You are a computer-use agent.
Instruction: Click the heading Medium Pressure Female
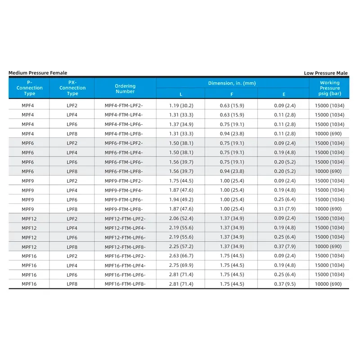[38, 73]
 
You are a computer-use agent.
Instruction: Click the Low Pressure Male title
[325, 73]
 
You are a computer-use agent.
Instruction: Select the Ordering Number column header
[125, 89]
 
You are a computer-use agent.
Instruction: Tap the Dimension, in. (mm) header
[232, 83]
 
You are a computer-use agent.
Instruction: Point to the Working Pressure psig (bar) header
[329, 88]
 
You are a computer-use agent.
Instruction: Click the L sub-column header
[181, 94]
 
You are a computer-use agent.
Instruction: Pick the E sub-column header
[283, 94]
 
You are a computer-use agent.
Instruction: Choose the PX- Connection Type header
[72, 88]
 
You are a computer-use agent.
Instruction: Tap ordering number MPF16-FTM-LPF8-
[125, 284]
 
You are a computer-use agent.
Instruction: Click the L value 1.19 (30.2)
[181, 105]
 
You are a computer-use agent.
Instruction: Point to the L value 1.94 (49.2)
[181, 199]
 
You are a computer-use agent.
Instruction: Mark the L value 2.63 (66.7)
[181, 256]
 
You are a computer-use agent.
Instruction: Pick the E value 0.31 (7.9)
[283, 209]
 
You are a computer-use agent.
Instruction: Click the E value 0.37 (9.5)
[283, 284]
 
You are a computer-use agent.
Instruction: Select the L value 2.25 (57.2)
[181, 247]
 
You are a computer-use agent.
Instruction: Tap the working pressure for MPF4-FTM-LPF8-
[329, 134]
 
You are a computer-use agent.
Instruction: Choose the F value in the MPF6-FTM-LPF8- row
[232, 171]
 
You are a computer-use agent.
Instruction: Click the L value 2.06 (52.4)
[181, 218]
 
